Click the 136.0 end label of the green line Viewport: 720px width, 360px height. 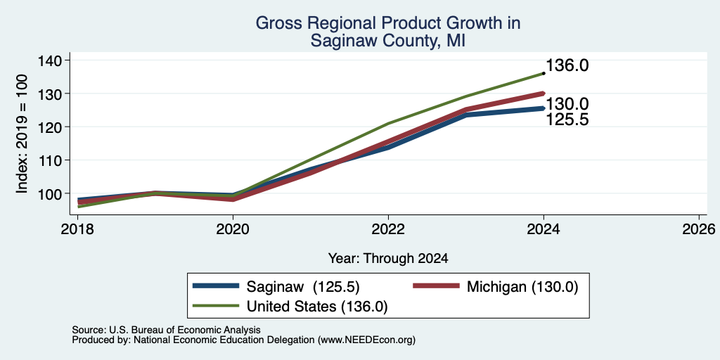coord(567,65)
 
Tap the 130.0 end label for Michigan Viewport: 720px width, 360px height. coord(567,105)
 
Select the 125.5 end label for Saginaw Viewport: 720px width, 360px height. coord(567,120)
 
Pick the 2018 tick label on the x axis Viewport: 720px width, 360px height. coord(77,229)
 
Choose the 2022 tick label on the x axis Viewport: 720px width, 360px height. coord(388,229)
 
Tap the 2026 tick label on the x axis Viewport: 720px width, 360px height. coord(699,229)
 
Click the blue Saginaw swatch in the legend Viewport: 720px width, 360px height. coord(216,286)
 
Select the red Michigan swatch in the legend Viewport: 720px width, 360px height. coord(436,286)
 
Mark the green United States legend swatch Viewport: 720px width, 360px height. coord(216,305)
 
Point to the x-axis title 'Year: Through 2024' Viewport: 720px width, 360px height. coord(388,259)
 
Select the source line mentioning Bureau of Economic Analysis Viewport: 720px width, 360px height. coord(166,330)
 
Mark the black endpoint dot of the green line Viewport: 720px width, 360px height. coord(544,73)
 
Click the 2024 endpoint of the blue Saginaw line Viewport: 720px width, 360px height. coord(544,108)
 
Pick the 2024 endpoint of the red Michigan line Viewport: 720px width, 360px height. coord(544,94)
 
